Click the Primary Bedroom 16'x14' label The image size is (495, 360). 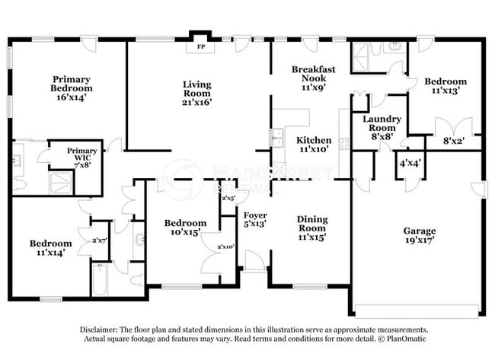72,88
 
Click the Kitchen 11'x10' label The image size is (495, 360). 314,145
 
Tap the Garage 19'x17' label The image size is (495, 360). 420,236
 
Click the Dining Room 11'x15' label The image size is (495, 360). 312,228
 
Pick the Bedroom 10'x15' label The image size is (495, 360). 185,228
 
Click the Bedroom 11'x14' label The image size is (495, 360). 50,248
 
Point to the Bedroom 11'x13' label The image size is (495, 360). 445,86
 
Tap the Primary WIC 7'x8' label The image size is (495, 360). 81,156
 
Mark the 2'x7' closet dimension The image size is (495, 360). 101,241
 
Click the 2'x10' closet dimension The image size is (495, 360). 226,247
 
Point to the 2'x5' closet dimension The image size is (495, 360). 228,198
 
